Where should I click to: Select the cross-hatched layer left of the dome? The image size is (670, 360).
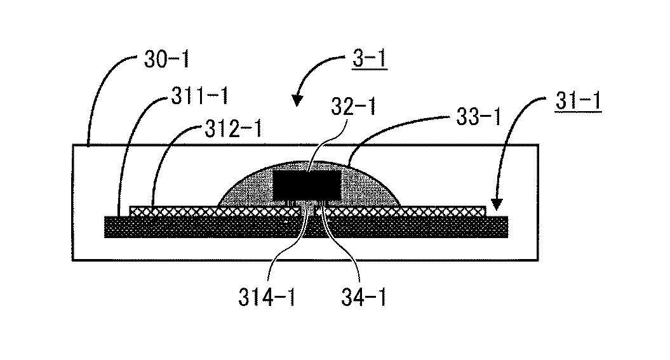click(171, 210)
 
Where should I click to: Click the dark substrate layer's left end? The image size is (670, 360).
click(117, 227)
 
